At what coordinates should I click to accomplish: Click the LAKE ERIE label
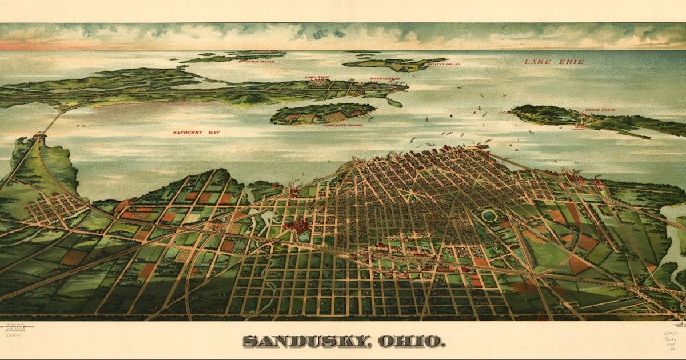pos(554,61)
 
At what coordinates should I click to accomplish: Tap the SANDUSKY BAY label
pos(196,133)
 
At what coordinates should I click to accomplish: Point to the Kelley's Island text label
pos(443,65)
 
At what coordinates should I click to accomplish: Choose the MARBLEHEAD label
pos(380,77)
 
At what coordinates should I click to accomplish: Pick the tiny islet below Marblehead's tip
pos(394,103)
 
